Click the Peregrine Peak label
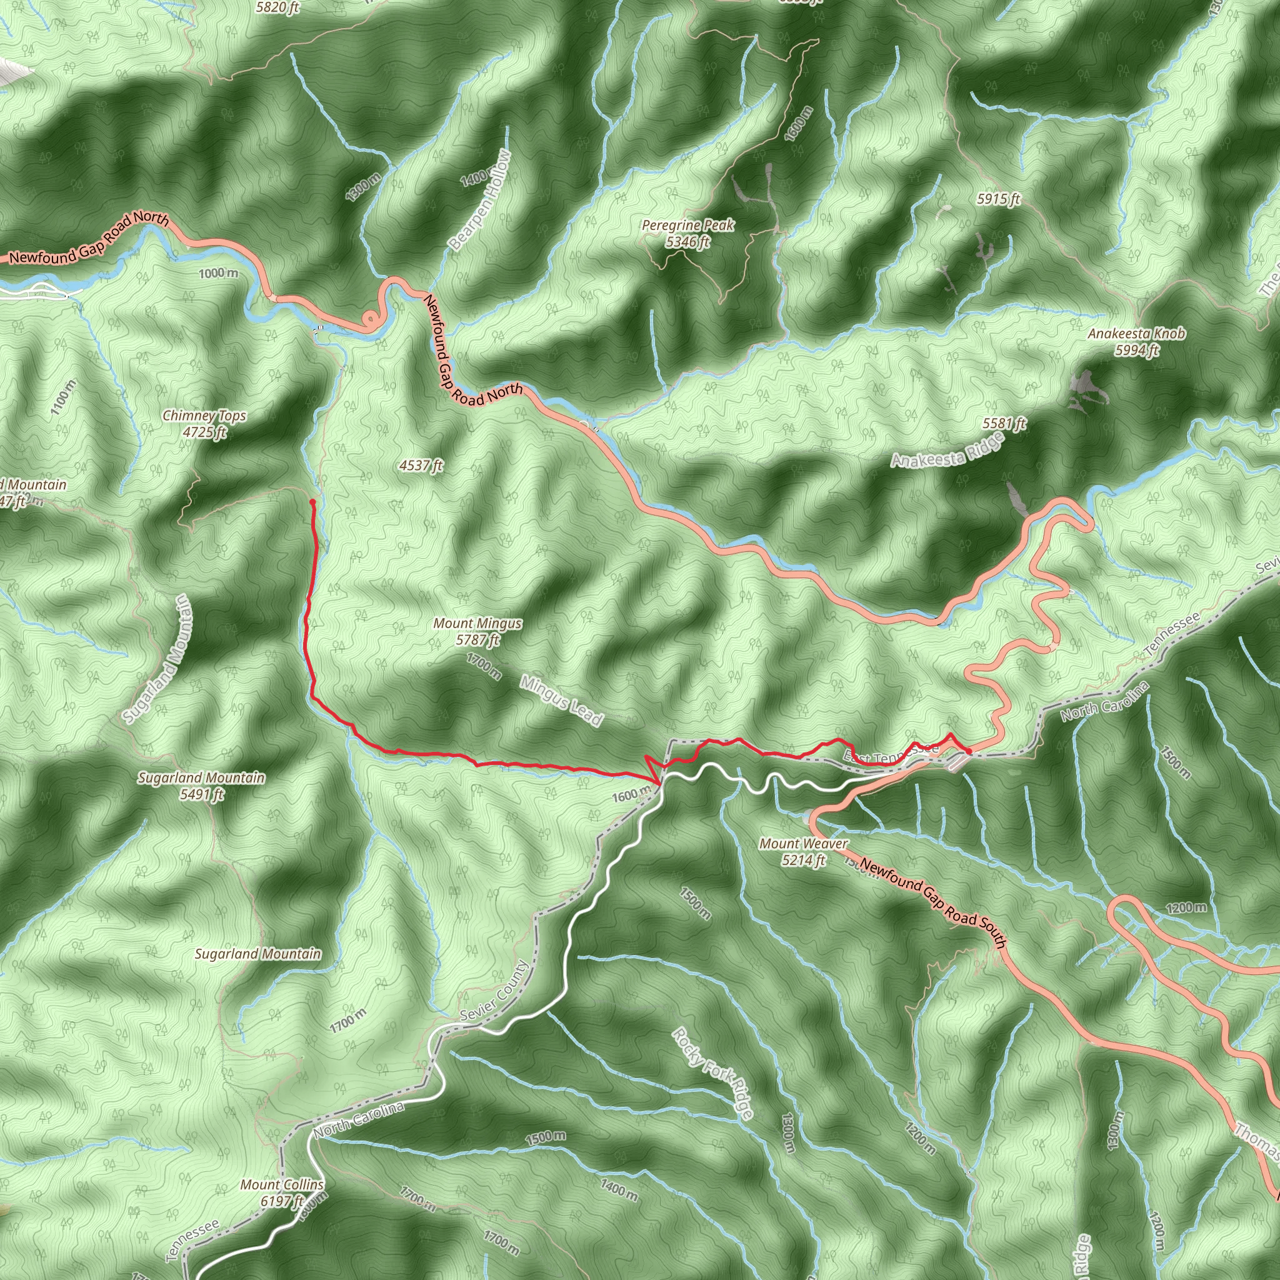tap(687, 233)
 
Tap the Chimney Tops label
tap(204, 423)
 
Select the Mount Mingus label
tap(477, 631)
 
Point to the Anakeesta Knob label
tap(1136, 341)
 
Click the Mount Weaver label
tap(803, 851)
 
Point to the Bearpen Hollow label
tap(479, 200)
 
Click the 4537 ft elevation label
tap(421, 466)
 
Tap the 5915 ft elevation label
tap(998, 199)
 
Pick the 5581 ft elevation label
tap(1004, 423)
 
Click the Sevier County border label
tap(495, 991)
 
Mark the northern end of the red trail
tap(312, 501)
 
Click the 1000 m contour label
tap(218, 273)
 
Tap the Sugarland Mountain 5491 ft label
tap(201, 785)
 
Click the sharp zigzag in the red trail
tap(654, 771)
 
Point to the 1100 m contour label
tap(64, 397)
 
